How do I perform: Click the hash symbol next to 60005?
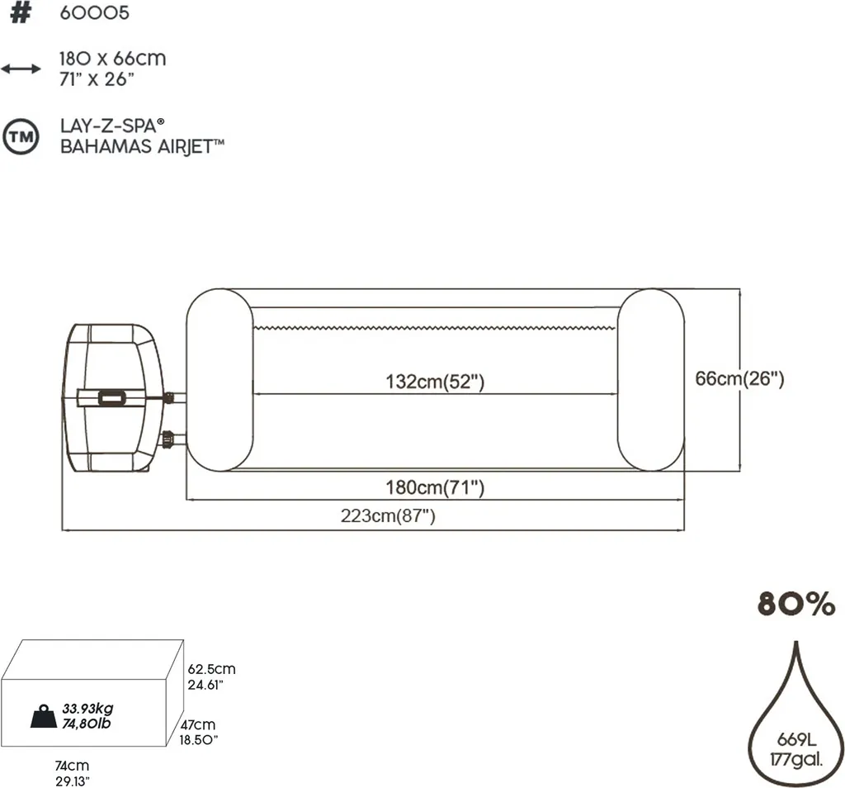20,14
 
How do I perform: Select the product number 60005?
94,14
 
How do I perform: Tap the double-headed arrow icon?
20,69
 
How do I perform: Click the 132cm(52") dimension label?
434,382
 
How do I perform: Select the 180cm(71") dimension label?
436,488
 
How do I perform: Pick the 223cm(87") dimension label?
388,517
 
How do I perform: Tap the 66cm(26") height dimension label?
739,379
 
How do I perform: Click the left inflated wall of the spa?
219,380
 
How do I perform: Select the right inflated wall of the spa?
650,380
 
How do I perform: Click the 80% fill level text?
796,604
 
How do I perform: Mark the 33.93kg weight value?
87,709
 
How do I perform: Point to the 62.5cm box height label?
211,670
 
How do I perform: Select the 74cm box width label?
73,766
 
